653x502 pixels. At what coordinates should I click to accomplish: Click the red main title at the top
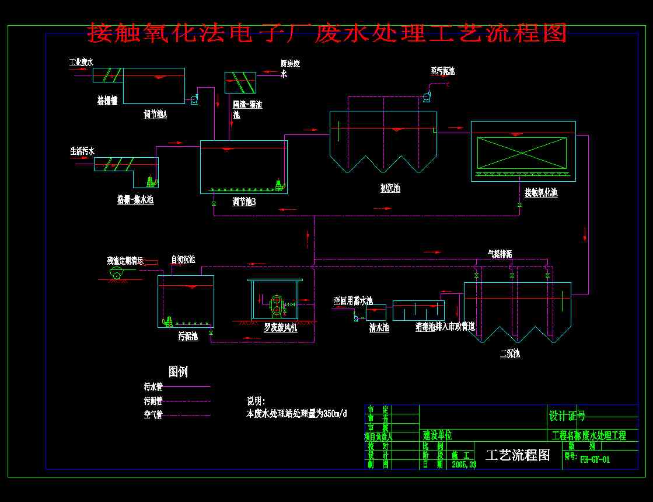[327, 33]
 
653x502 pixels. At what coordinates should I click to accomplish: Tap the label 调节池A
[155, 115]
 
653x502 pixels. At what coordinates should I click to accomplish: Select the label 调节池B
[245, 202]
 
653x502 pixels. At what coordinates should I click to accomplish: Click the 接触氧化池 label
[541, 192]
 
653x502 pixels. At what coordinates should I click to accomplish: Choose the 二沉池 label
[510, 354]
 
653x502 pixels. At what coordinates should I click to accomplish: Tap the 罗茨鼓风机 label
[280, 328]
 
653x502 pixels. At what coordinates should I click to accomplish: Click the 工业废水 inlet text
[81, 61]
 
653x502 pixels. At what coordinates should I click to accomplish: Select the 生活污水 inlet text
[82, 151]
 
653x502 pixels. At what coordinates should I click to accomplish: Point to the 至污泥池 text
[442, 71]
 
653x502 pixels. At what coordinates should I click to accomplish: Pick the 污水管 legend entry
[153, 386]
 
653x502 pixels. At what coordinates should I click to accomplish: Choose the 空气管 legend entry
[153, 415]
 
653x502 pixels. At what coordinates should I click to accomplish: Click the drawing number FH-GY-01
[595, 459]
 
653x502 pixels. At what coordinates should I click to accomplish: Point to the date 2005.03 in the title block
[464, 465]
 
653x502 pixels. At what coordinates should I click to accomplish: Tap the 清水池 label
[379, 328]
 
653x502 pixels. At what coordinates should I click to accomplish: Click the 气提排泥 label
[500, 254]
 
